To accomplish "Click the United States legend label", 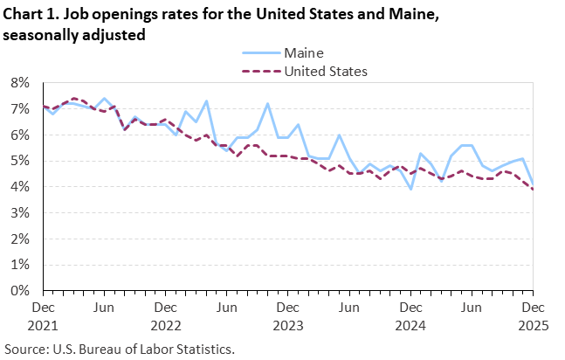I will [326, 71].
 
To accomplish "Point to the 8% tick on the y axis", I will [19, 83].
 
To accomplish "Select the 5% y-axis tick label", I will [19, 161].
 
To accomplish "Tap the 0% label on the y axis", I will [19, 290].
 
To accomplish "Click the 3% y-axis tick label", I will [19, 212].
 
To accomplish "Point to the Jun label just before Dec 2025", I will [471, 308].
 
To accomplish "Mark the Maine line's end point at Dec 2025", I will [533, 184].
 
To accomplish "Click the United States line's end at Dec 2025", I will [533, 190].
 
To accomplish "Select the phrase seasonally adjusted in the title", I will [73, 34].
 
